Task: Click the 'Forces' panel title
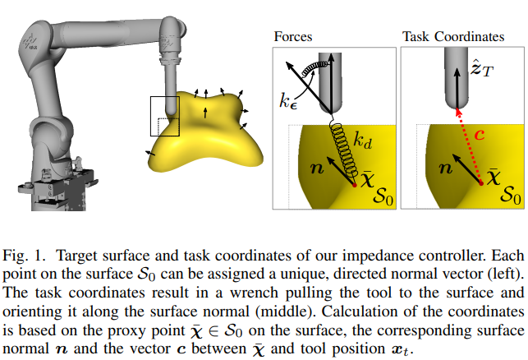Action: (x=293, y=37)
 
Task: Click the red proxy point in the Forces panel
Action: (x=355, y=187)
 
